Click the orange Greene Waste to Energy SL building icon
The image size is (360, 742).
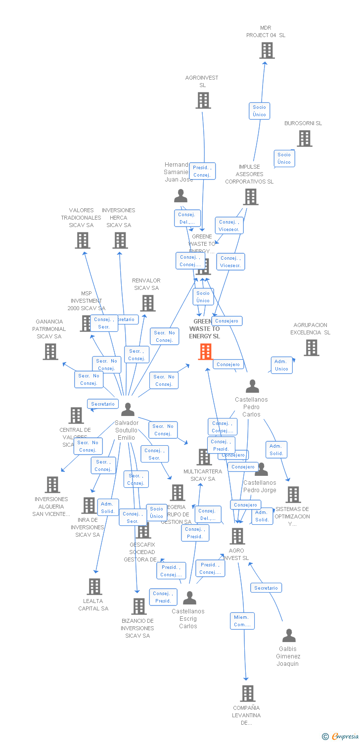pos(205,351)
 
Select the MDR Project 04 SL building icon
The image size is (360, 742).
pos(267,50)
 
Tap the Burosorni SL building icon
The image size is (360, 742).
pos(305,139)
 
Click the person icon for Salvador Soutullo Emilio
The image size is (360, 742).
pos(128,410)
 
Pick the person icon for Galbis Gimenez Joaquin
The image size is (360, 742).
pos(289,636)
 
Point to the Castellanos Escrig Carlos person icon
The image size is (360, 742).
pos(189,598)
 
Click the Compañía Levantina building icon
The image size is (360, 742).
pos(247,694)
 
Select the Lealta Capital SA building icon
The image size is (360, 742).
pos(94,587)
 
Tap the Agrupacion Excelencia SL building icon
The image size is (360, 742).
pos(312,348)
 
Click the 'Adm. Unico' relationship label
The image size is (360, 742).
pos(282,365)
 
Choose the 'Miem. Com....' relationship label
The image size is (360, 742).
pos(242,621)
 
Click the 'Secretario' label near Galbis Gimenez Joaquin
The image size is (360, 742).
pos(266,588)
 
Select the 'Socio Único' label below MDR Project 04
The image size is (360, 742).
pos(259,111)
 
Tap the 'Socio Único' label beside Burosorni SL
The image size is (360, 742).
pos(284,158)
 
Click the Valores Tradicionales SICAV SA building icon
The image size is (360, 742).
pos(83,240)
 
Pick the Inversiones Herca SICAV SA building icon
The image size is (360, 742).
pos(120,240)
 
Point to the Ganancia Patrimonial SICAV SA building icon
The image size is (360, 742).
pos(50,352)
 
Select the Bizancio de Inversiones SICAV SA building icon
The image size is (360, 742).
pos(139,606)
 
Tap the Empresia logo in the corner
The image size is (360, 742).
pos(341,737)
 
